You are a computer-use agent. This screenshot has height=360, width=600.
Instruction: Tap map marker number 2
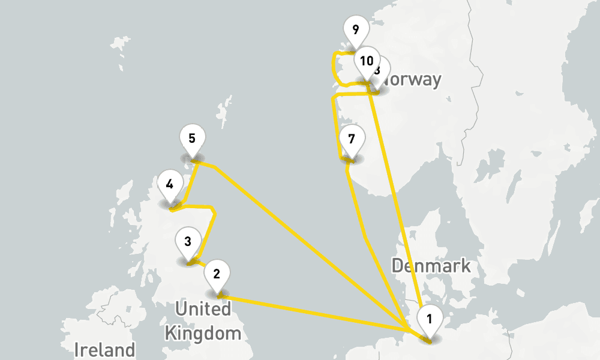click(217, 275)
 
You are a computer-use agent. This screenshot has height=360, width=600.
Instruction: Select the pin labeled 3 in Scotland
click(188, 242)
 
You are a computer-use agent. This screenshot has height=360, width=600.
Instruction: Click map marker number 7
click(352, 140)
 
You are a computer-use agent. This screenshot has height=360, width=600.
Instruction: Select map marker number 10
click(367, 61)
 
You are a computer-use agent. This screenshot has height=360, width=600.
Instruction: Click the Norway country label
click(414, 80)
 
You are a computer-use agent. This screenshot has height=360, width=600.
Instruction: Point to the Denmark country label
click(430, 265)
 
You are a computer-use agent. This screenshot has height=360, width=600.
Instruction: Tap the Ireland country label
click(105, 349)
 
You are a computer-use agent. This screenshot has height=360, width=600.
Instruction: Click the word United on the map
click(203, 310)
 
